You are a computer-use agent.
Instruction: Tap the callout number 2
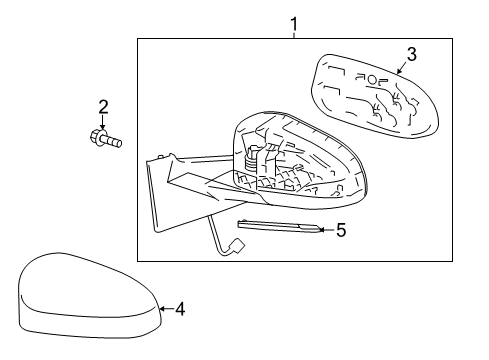(x=101, y=107)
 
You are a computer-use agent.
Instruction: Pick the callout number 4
(x=179, y=309)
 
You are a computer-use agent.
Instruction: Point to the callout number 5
(x=340, y=230)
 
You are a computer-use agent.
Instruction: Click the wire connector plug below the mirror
(x=239, y=245)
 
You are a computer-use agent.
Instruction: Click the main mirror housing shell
(x=300, y=160)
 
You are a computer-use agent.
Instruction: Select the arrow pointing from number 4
(x=165, y=309)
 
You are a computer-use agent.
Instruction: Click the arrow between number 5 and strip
(x=325, y=230)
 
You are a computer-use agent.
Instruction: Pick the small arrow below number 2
(x=101, y=123)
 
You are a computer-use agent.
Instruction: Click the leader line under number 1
(x=294, y=33)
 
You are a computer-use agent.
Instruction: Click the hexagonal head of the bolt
(x=97, y=138)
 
